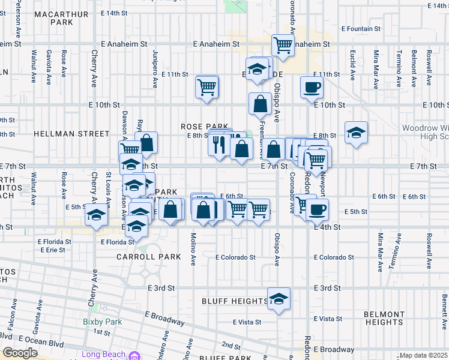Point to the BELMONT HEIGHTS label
point(384,318)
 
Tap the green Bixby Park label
point(102,322)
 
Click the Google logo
point(20,353)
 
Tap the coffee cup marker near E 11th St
point(312,87)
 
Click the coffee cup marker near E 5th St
point(317,209)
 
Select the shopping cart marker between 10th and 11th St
point(206,88)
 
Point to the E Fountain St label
point(361,28)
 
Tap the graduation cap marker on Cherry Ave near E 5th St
point(95,215)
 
